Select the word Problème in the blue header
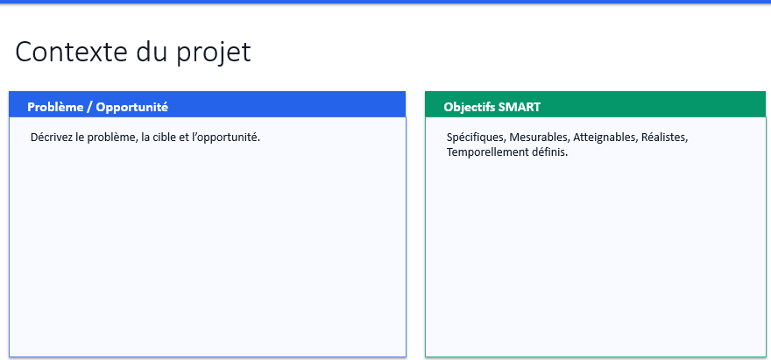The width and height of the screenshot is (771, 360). click(54, 107)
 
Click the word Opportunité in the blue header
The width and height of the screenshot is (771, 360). click(131, 107)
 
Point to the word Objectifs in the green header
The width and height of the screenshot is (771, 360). click(469, 107)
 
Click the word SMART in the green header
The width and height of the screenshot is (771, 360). click(520, 107)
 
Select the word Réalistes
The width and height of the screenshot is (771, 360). click(665, 138)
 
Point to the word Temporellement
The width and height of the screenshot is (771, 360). click(487, 152)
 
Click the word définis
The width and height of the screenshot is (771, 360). click(549, 152)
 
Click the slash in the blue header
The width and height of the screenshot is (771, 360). click(89, 107)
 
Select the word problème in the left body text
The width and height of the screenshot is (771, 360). click(111, 138)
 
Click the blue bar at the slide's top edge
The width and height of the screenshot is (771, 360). click(385, 2)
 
